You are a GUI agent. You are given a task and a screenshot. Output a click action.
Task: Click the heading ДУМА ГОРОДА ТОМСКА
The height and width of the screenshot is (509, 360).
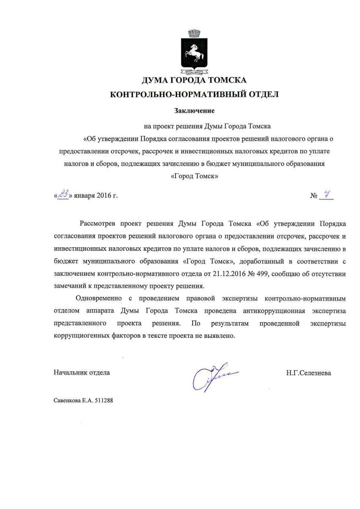(194, 80)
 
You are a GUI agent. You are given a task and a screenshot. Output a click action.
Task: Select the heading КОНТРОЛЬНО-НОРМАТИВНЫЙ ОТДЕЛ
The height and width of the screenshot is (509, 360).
(194, 94)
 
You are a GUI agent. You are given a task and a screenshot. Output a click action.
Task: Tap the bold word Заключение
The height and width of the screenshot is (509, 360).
(194, 111)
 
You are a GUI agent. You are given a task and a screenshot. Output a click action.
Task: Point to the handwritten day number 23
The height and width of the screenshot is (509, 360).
(63, 194)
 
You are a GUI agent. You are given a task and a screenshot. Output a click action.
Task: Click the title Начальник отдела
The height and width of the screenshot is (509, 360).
(82, 373)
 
